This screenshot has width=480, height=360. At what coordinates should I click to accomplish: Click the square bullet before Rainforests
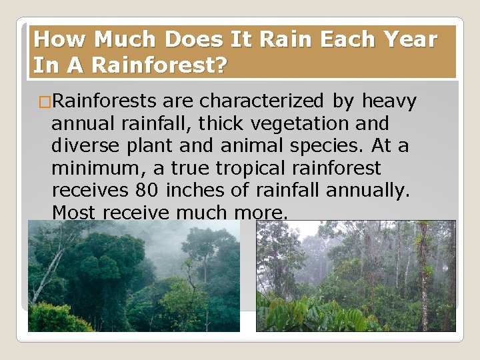(44, 102)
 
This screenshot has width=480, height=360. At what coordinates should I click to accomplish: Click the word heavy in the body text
(389, 101)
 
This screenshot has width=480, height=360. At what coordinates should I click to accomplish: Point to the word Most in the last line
(73, 213)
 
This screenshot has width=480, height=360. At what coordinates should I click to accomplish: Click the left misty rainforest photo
(133, 276)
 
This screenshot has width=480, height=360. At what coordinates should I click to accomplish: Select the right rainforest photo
(355, 276)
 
